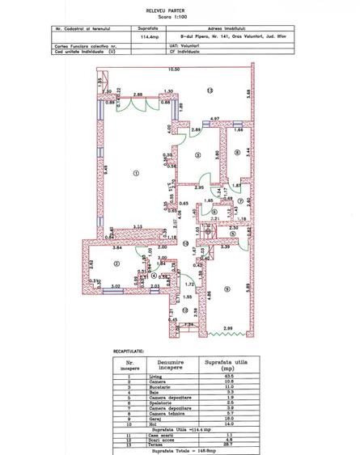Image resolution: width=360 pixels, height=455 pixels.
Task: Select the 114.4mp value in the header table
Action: point(149,36)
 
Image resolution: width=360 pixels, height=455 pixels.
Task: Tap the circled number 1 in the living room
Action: point(136,172)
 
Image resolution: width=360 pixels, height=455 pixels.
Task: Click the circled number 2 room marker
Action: point(117,263)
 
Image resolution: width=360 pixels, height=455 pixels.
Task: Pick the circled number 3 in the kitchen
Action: point(198,155)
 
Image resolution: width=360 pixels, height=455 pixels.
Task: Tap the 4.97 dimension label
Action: point(214,120)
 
